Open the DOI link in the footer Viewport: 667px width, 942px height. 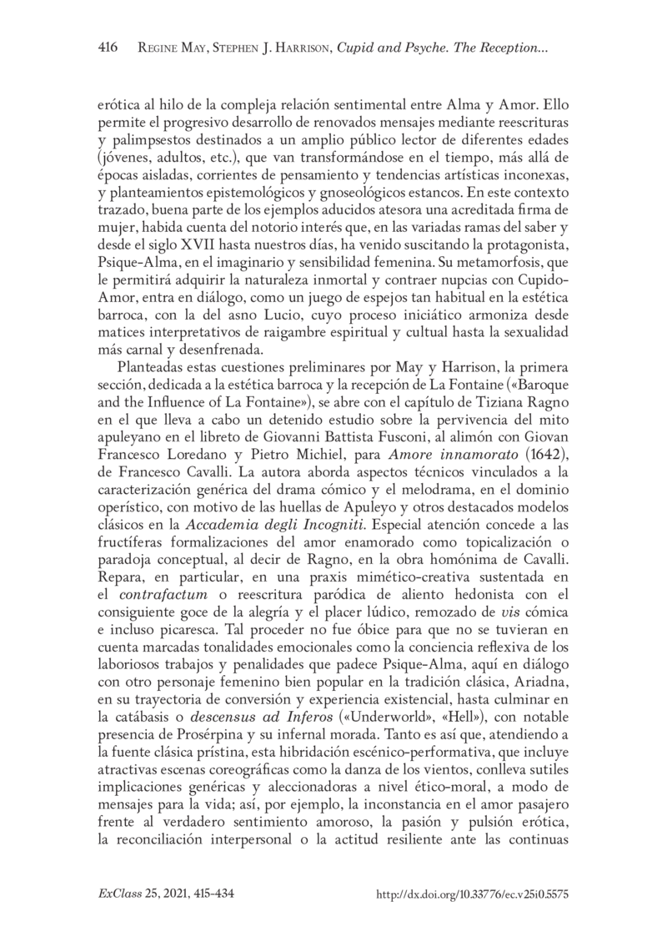473,894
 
